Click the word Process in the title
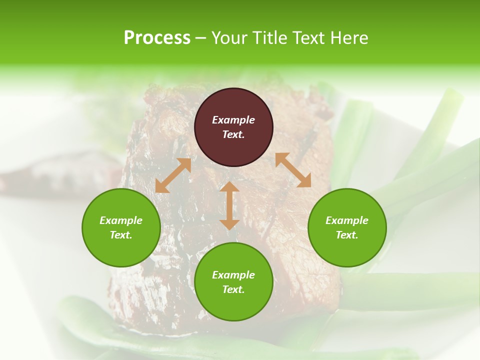157,38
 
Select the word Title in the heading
270,38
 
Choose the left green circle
121,227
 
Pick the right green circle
347,227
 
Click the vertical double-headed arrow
229,205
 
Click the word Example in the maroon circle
233,120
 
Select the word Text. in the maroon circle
233,134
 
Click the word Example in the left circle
121,220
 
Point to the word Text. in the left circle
121,235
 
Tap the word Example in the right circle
347,220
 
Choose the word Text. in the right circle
347,235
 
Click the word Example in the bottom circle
233,275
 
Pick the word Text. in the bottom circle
233,289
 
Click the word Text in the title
309,38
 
